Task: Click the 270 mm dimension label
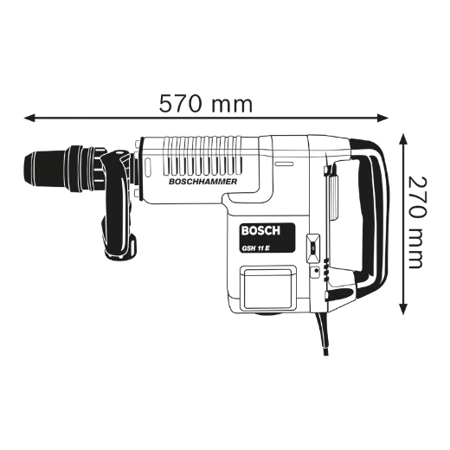(417, 222)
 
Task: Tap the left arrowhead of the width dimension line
(29, 118)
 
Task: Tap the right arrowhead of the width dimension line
(382, 118)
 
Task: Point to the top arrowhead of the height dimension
(403, 139)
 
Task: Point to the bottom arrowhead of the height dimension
(403, 309)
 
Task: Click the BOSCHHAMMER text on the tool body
(202, 182)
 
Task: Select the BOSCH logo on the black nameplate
(260, 231)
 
